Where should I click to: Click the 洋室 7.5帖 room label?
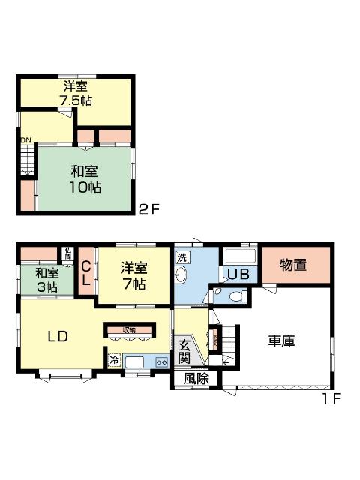[76, 93]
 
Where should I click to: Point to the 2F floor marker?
[148, 209]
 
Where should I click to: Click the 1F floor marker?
[331, 399]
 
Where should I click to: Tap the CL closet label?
[85, 272]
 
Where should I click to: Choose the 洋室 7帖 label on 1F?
[134, 276]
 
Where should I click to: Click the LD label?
[58, 336]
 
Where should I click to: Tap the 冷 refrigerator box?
[114, 361]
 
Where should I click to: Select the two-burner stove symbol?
[161, 361]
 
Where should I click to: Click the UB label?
[239, 274]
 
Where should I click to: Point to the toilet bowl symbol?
[235, 296]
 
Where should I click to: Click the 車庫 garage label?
[281, 340]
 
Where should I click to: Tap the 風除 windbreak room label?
[196, 379]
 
